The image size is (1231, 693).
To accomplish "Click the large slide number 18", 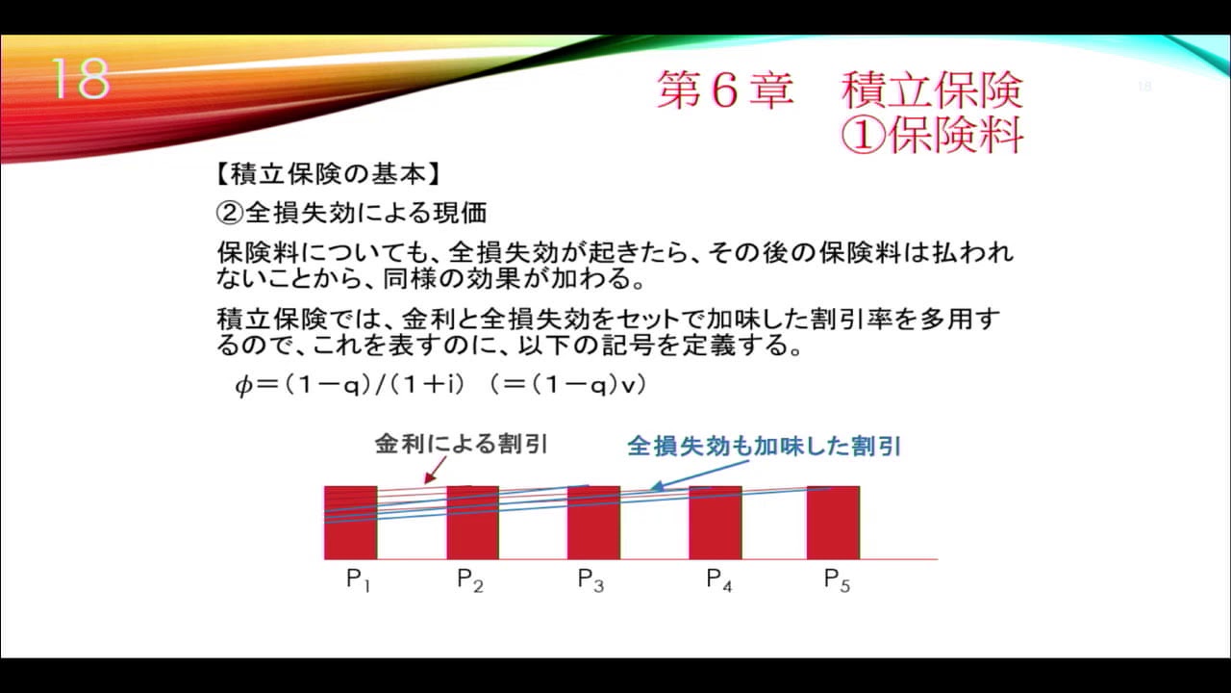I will pyautogui.click(x=80, y=80).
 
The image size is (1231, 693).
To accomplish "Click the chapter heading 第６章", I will pyautogui.click(x=725, y=90).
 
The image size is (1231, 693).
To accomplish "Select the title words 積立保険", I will pyautogui.click(x=932, y=90).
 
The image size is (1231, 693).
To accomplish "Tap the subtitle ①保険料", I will pyautogui.click(x=932, y=136).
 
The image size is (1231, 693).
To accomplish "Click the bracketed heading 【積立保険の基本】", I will pyautogui.click(x=327, y=175).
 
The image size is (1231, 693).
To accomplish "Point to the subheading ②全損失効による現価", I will pyautogui.click(x=351, y=212).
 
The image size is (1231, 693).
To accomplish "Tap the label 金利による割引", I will pyautogui.click(x=461, y=445).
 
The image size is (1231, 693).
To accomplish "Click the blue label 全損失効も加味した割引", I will pyautogui.click(x=765, y=447).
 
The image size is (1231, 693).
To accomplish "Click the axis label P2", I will pyautogui.click(x=469, y=580).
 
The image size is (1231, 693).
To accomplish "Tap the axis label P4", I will pyautogui.click(x=718, y=580).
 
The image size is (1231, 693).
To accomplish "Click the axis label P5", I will pyautogui.click(x=837, y=580).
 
